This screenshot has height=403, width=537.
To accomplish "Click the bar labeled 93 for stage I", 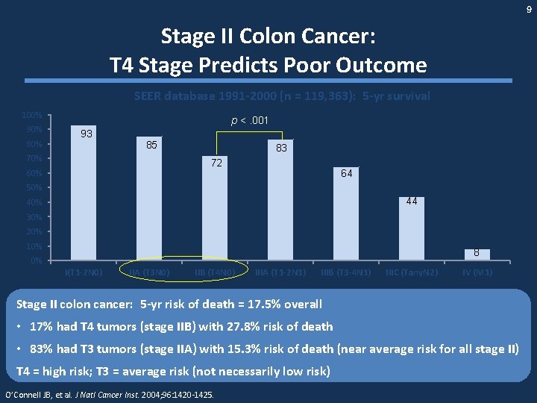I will (x=85, y=194).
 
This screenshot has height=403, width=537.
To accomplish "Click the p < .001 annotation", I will (x=250, y=120).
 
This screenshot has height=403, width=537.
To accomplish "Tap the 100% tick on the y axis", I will (x=31, y=116).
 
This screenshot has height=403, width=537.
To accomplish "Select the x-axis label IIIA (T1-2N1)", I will (x=280, y=272).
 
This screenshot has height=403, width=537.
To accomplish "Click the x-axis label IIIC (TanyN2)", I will (x=410, y=272).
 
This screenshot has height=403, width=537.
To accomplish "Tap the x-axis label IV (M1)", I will (x=477, y=272).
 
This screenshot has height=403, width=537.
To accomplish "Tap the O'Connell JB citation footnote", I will (x=109, y=394).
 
